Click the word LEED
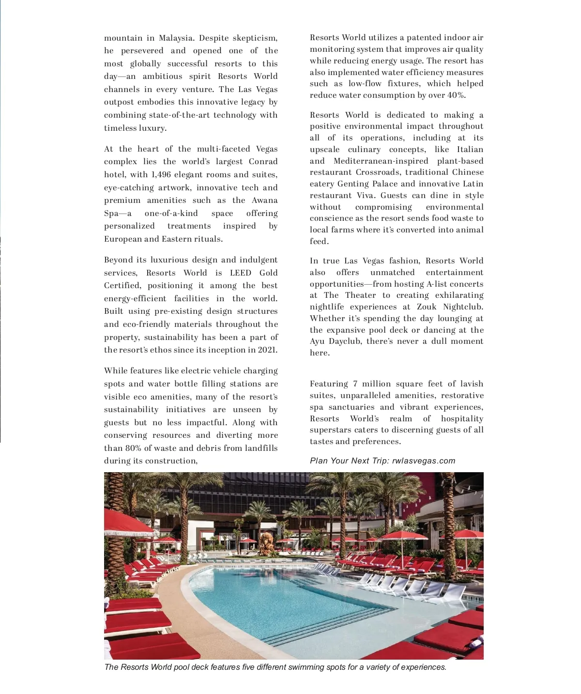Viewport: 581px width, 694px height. (241, 273)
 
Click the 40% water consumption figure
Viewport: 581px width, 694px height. (456, 95)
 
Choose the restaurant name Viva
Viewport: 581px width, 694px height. (366, 196)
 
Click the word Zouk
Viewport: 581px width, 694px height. (427, 307)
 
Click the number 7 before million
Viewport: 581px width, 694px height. (355, 384)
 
